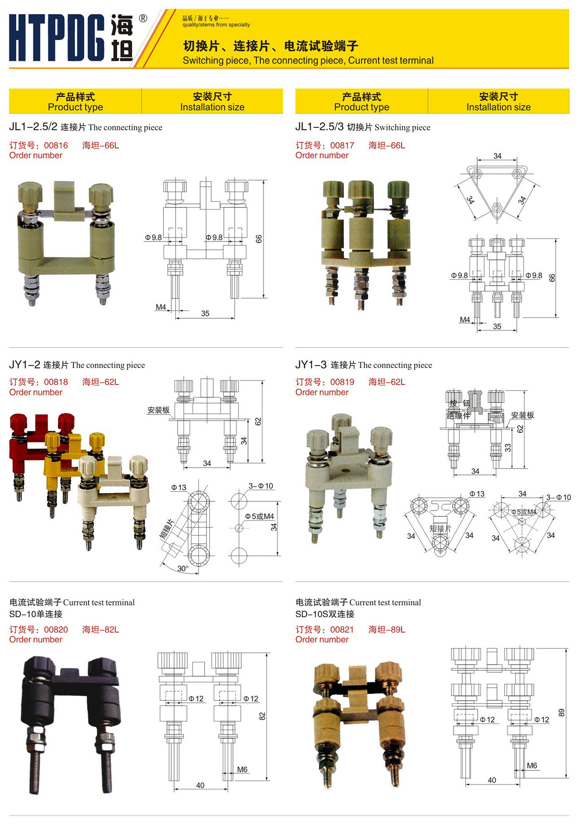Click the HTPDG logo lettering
pyautogui.click(x=57, y=38)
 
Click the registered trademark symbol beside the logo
pyautogui.click(x=143, y=18)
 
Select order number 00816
pyautogui.click(x=56, y=145)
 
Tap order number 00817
pyautogui.click(x=342, y=145)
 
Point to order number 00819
pyautogui.click(x=342, y=382)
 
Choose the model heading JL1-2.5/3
pyautogui.click(x=319, y=127)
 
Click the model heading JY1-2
pyautogui.click(x=25, y=365)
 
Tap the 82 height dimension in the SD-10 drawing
pyautogui.click(x=262, y=716)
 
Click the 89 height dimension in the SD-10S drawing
pyautogui.click(x=561, y=712)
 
